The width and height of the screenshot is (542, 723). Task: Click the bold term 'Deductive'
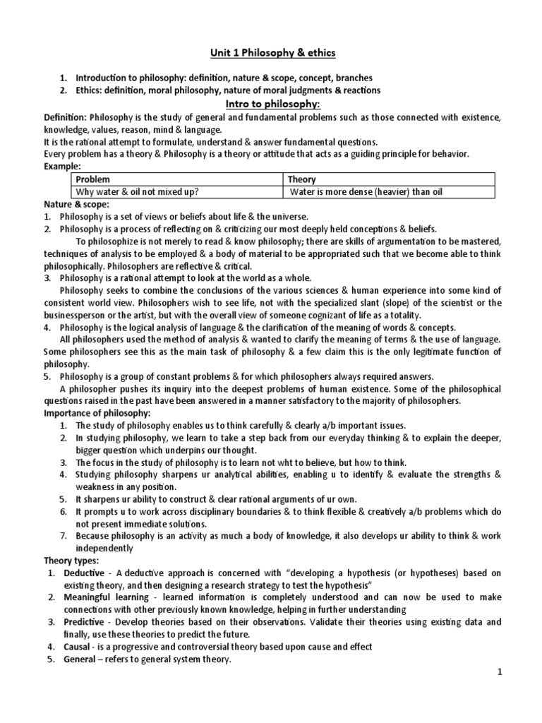pyautogui.click(x=83, y=573)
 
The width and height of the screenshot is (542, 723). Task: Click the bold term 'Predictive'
pyautogui.click(x=83, y=622)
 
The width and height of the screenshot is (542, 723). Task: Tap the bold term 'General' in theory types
pyautogui.click(x=79, y=659)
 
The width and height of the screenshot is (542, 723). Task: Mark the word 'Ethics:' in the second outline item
pyautogui.click(x=92, y=90)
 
